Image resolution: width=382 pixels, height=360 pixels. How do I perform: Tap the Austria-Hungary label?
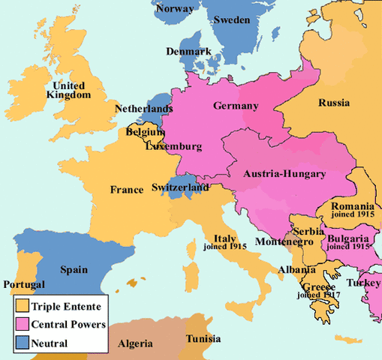pyautogui.click(x=284, y=174)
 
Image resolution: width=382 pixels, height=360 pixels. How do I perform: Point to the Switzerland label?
pyautogui.click(x=181, y=187)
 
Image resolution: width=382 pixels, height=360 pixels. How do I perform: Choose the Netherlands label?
pyautogui.click(x=144, y=109)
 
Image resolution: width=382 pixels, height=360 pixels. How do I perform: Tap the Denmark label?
pyautogui.click(x=189, y=52)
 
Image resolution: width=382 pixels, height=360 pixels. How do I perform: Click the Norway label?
pyautogui.click(x=174, y=9)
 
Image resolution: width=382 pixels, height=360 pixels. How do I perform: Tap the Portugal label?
pyautogui.click(x=24, y=285)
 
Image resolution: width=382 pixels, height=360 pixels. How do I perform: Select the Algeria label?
pyautogui.click(x=136, y=344)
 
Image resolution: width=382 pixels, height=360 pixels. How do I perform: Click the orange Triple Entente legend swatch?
pyautogui.click(x=23, y=306)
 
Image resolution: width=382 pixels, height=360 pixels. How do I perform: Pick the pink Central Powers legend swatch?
pyautogui.click(x=23, y=325)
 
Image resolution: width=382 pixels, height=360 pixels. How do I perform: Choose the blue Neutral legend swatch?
pyautogui.click(x=23, y=343)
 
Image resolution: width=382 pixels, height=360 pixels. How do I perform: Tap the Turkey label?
pyautogui.click(x=364, y=283)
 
